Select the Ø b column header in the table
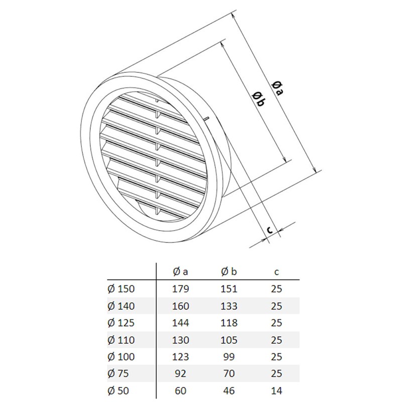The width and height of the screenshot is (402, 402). point(229,272)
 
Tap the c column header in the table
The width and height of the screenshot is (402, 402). point(276,272)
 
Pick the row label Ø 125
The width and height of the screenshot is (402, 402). point(122,323)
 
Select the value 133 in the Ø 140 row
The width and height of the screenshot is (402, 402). point(229,306)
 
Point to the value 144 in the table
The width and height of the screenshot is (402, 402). point(180,323)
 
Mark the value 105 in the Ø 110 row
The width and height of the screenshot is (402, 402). point(229,340)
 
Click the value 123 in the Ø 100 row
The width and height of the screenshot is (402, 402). point(180,357)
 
